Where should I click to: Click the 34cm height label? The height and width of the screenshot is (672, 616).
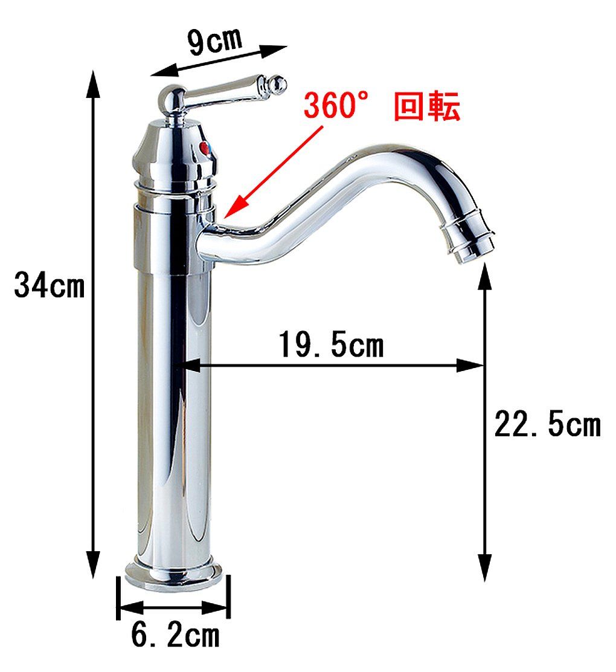pos(50,285)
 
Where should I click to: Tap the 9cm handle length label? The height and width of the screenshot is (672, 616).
pos(213,41)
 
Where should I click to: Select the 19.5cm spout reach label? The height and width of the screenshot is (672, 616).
pos(331,346)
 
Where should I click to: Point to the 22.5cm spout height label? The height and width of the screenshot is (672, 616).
pos(547,424)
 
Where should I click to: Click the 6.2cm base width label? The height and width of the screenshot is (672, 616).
pos(175,635)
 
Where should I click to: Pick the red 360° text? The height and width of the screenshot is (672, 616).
pos(335,106)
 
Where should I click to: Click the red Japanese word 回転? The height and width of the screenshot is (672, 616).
pos(427,107)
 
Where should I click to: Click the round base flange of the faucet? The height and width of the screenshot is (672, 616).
pos(173,574)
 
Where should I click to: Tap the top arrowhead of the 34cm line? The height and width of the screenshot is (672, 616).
pos(92,82)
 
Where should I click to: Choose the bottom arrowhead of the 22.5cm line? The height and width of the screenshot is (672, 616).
pos(484,568)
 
